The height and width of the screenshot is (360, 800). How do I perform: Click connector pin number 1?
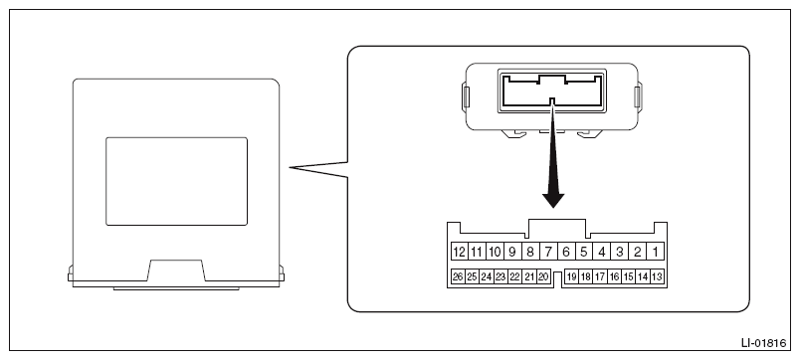click(x=655, y=252)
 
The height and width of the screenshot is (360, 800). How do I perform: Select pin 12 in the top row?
click(x=459, y=252)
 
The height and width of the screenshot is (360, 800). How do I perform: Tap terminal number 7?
click(x=548, y=252)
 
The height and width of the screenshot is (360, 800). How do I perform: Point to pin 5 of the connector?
click(x=584, y=252)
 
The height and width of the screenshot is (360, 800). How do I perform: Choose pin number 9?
click(x=512, y=252)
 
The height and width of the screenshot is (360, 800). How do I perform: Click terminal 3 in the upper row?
click(x=619, y=252)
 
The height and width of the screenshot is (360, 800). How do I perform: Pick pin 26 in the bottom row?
click(x=458, y=276)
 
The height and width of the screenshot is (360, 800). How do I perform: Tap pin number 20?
click(x=543, y=276)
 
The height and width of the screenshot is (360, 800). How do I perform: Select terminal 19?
click(x=572, y=276)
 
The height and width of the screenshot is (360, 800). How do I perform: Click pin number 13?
click(x=657, y=276)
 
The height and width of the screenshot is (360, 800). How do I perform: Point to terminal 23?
click(x=500, y=276)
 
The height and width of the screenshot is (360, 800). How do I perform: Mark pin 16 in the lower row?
click(x=615, y=276)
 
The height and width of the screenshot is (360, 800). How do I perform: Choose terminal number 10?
click(x=495, y=252)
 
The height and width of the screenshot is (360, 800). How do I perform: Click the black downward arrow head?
click(x=553, y=200)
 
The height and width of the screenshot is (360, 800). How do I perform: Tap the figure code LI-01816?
click(x=764, y=343)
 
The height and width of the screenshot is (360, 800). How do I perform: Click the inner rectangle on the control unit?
click(x=176, y=181)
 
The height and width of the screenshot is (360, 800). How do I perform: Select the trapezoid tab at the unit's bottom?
click(x=176, y=270)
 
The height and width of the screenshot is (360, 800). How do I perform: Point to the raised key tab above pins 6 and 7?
click(x=557, y=229)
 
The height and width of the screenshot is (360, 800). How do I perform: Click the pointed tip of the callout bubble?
click(x=290, y=167)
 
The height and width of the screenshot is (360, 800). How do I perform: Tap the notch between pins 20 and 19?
click(x=557, y=279)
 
